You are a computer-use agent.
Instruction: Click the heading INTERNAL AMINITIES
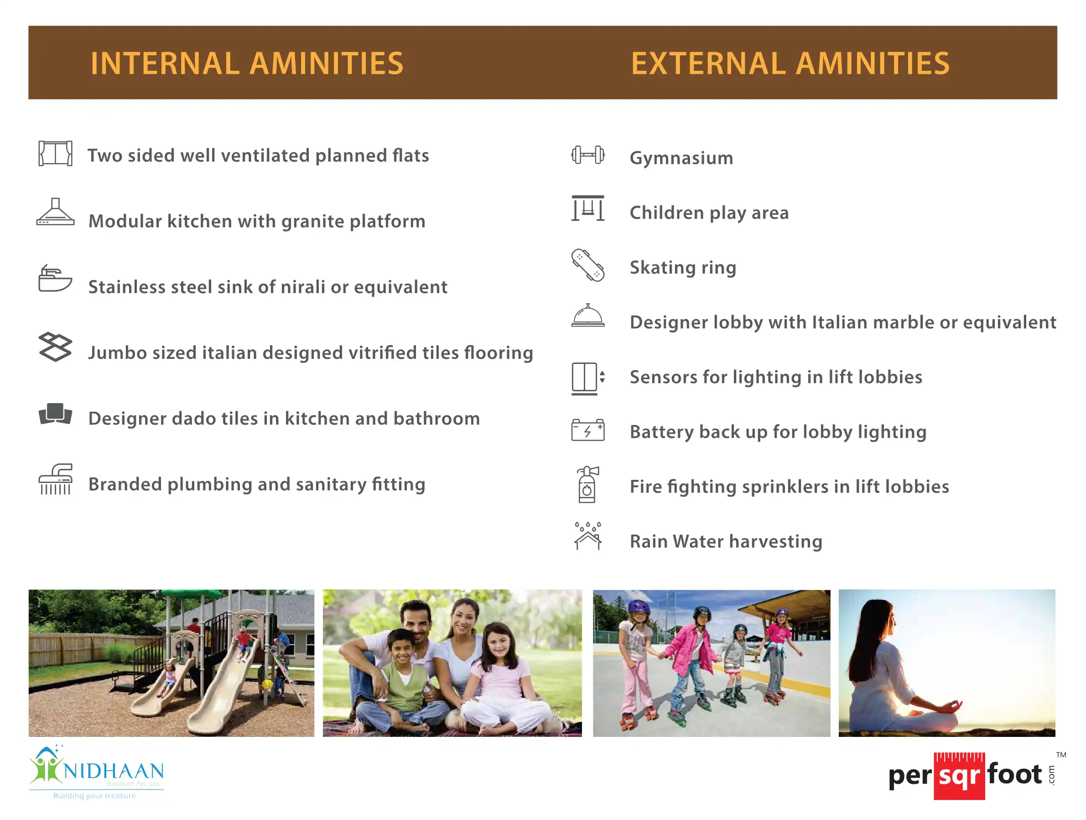[246, 63]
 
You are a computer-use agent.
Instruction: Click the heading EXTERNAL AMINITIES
[790, 63]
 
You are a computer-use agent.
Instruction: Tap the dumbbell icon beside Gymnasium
[587, 155]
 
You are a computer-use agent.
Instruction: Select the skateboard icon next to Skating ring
[587, 265]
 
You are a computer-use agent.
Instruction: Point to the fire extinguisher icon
[587, 484]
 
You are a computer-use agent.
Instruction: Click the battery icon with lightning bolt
[587, 430]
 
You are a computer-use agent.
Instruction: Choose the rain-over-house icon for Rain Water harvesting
[587, 536]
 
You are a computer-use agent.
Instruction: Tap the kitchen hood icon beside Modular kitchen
[56, 212]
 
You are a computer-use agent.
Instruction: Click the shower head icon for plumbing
[56, 479]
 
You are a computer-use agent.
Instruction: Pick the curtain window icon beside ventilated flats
[56, 153]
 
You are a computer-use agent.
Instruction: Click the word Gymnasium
[681, 158]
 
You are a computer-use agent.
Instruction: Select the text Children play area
[709, 213]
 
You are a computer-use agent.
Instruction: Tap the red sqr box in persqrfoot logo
[959, 776]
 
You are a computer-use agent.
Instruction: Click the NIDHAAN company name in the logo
[113, 770]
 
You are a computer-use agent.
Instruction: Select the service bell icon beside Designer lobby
[587, 315]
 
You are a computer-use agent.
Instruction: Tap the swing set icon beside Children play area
[587, 208]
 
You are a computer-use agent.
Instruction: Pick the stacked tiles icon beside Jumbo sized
[56, 347]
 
